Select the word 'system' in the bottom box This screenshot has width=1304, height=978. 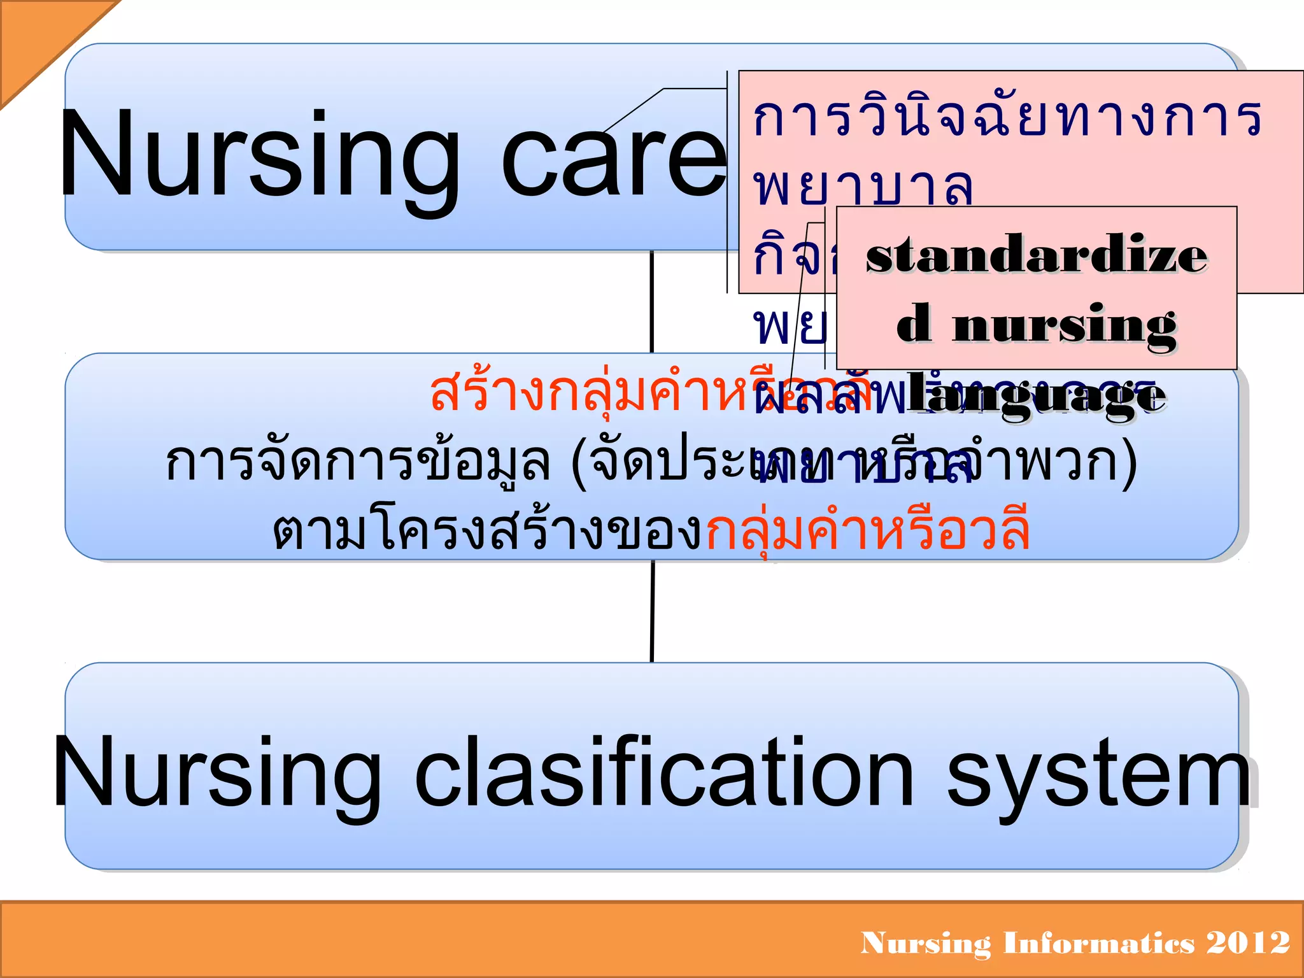(1098, 774)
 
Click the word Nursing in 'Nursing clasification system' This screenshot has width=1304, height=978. (216, 774)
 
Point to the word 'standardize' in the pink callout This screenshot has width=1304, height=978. (1036, 255)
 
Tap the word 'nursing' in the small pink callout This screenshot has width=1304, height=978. (1063, 326)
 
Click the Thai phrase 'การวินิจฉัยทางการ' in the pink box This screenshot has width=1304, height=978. (1006, 119)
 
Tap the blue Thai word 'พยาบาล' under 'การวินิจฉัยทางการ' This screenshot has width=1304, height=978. (863, 188)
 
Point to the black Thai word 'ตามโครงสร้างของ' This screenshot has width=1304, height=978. (487, 532)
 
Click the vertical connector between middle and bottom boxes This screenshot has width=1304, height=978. (652, 611)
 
